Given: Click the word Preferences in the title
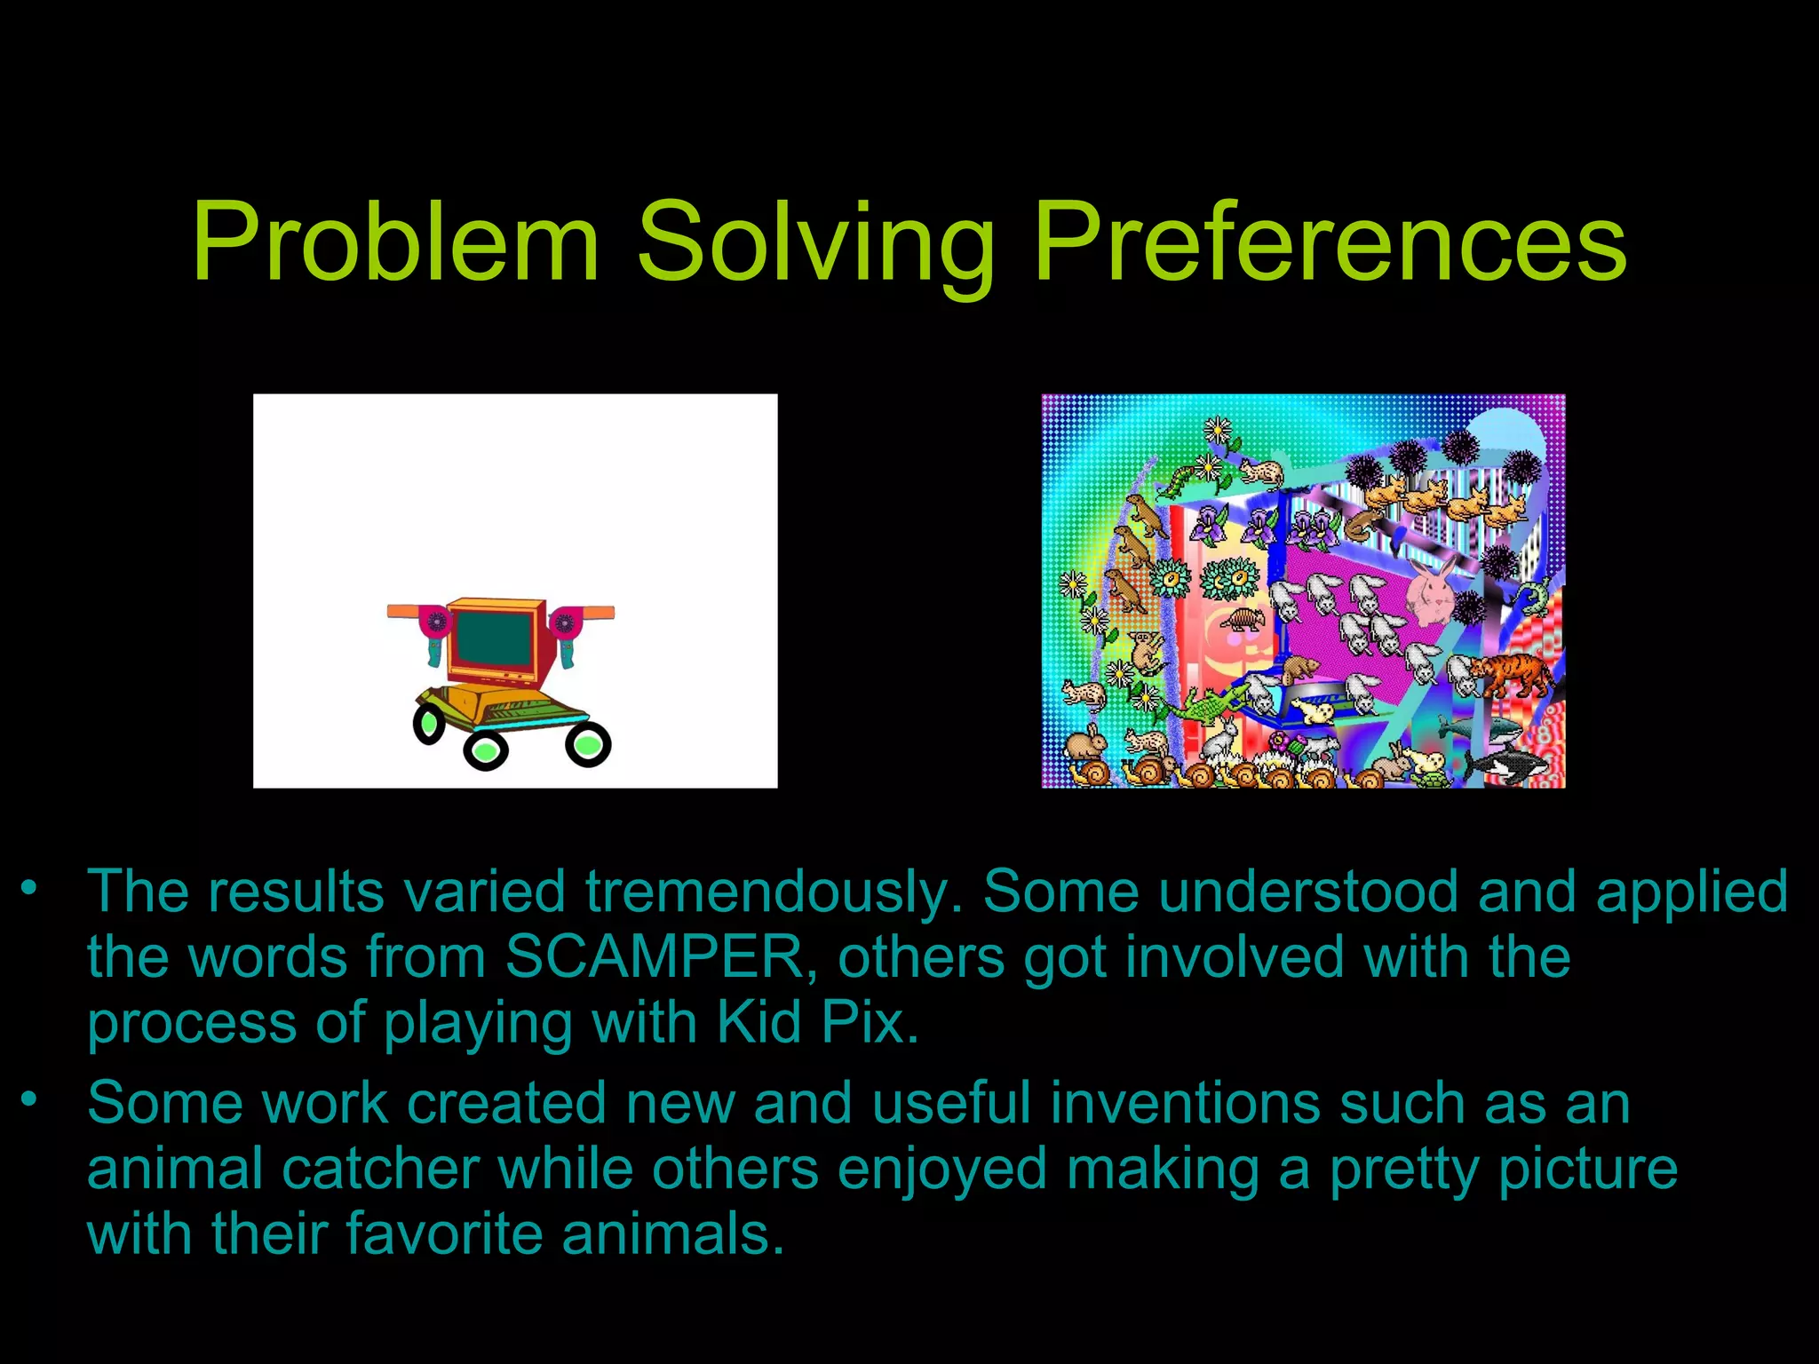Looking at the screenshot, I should coord(1330,242).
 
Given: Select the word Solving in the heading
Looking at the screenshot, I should coord(814,242).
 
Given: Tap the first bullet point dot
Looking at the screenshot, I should coord(30,887).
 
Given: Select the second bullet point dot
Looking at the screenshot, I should coord(30,1099).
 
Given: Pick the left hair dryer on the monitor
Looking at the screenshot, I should coord(434,628).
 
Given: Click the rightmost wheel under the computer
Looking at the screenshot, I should coord(588,744).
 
